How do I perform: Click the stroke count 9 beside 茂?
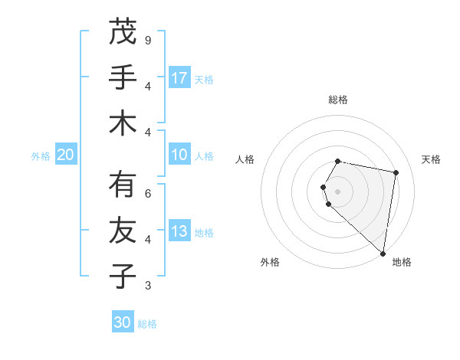[148, 39]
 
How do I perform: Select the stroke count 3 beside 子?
[148, 286]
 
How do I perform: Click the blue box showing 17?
[179, 78]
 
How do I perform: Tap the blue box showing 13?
[179, 232]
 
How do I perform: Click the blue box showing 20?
[65, 155]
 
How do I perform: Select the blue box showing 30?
[123, 322]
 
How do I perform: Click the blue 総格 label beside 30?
[147, 324]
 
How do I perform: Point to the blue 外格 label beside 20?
[41, 156]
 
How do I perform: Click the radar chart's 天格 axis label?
[432, 159]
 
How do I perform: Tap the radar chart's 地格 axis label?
[402, 262]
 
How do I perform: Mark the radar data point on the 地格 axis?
[383, 253]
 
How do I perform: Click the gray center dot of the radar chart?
[338, 191]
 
